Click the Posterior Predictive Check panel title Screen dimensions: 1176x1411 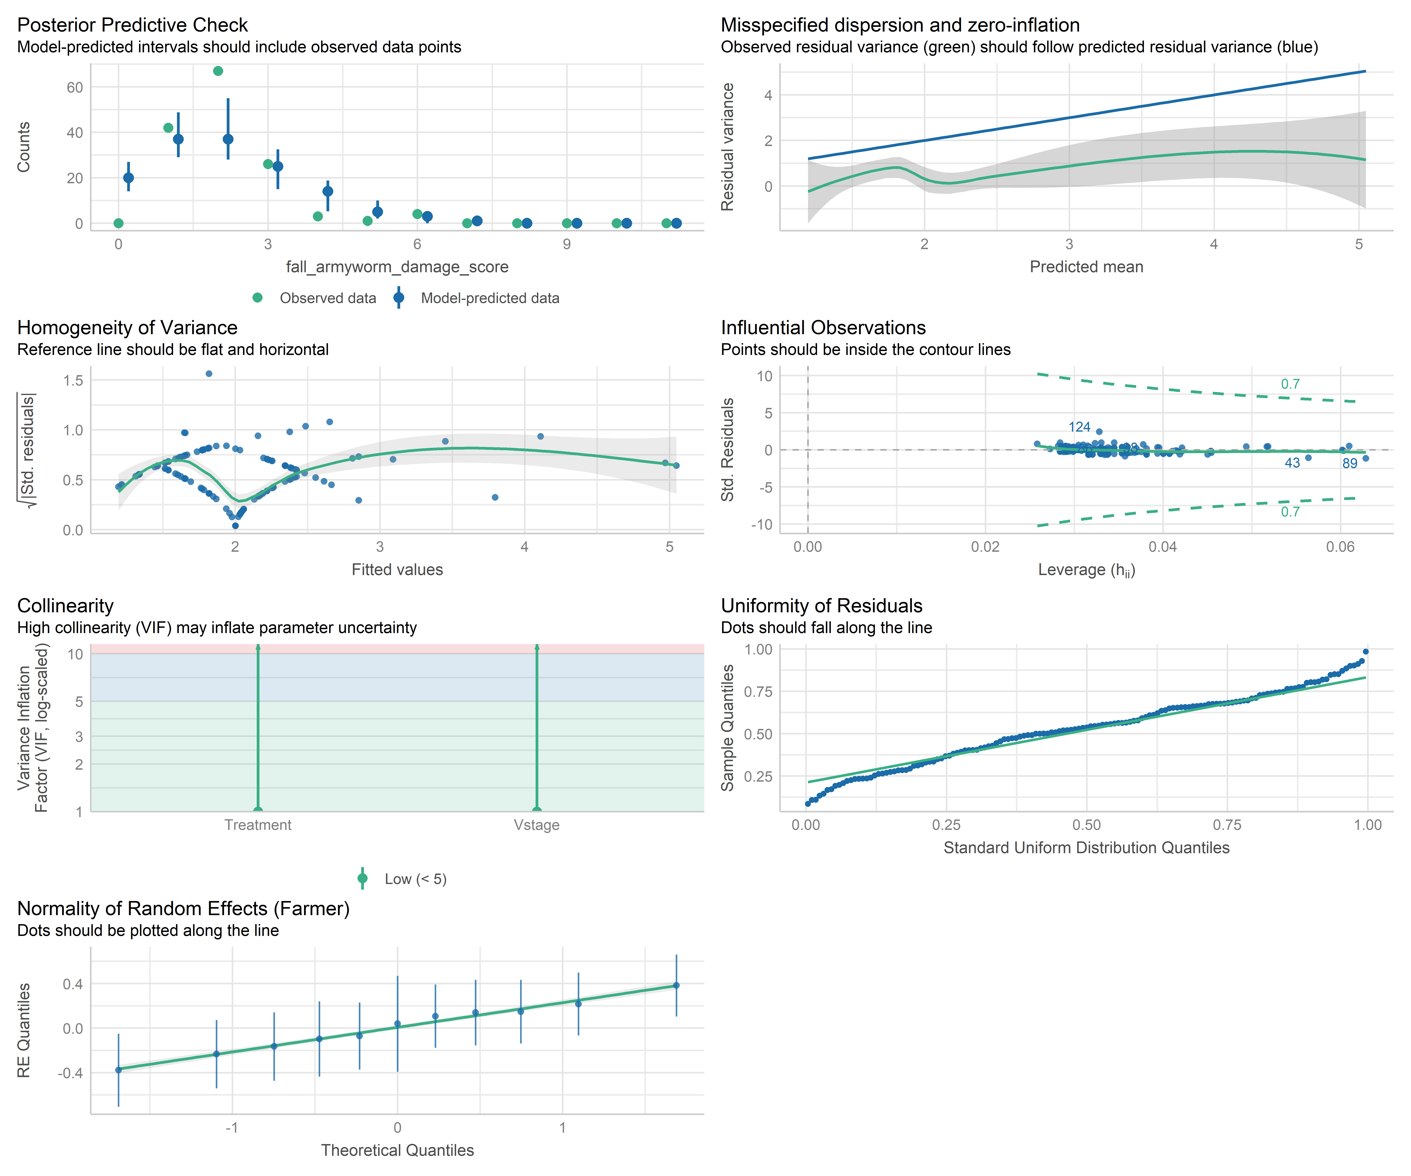(132, 25)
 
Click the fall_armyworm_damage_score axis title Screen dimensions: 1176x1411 (397, 267)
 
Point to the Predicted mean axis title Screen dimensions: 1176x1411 (1086, 267)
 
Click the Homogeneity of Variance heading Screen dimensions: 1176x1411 (127, 327)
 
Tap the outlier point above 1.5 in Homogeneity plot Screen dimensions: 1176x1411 (209, 374)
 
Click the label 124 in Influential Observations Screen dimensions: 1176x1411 (1079, 427)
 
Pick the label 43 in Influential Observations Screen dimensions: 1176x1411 (1291, 463)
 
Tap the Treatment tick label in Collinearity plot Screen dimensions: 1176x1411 (258, 825)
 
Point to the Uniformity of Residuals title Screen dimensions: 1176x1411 (821, 605)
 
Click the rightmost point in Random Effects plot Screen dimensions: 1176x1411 (676, 985)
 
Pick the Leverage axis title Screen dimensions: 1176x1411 (1086, 570)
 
